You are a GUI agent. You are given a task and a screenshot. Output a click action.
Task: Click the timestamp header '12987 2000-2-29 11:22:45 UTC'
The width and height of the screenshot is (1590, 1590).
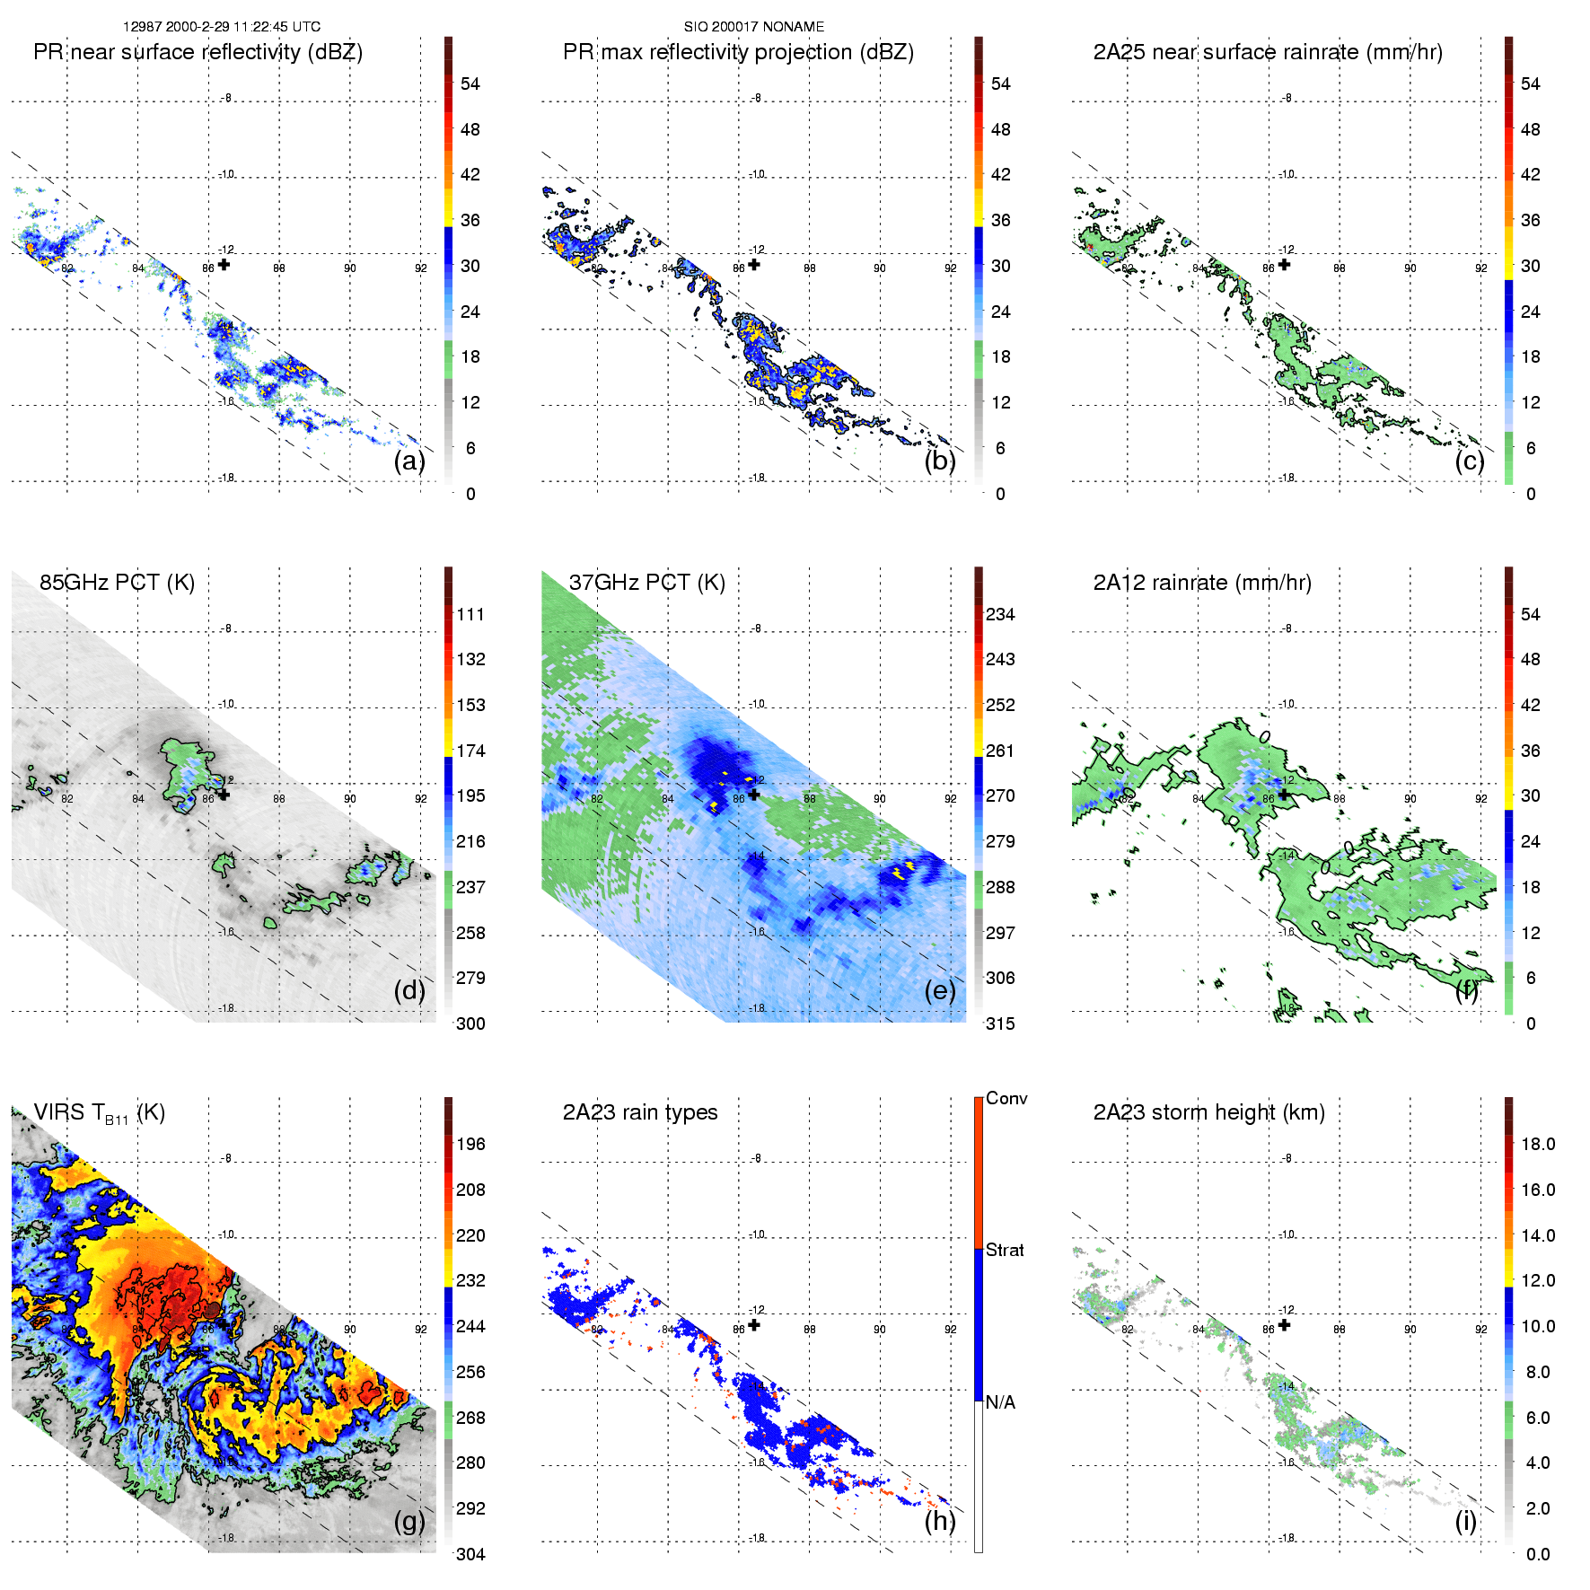click(222, 27)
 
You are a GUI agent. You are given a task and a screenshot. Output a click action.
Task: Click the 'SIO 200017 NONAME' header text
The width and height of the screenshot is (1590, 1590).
click(754, 27)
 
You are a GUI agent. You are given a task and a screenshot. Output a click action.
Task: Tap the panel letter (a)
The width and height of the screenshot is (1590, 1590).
click(409, 461)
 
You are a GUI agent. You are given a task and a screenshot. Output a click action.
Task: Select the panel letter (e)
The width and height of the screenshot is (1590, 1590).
click(940, 991)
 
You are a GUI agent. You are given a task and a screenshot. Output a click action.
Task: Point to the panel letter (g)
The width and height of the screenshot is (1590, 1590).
click(409, 1522)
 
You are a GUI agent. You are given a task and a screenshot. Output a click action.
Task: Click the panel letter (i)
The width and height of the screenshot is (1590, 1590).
click(1465, 1522)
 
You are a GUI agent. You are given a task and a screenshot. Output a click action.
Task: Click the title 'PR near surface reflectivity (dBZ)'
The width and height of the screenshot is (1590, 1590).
click(198, 52)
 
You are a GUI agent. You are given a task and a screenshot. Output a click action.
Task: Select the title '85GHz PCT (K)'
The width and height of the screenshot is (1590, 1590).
click(117, 583)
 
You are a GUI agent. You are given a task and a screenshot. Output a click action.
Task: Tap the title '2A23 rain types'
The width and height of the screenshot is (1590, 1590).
click(640, 1112)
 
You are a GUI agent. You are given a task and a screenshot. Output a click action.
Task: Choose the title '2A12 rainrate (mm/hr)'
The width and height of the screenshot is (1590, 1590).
click(1202, 583)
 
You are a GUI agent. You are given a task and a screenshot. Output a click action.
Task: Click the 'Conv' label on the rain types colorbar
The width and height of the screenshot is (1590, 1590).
click(1006, 1098)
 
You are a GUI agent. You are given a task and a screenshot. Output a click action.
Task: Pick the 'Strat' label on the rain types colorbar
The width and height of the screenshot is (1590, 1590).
click(1005, 1250)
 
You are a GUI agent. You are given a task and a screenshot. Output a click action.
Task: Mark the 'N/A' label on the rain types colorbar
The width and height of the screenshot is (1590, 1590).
click(1000, 1402)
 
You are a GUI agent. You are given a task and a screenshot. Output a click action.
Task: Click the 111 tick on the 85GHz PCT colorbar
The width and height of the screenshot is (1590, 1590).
click(470, 614)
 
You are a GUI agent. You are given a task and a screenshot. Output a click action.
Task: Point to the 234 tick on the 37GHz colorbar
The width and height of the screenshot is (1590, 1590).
click(1000, 614)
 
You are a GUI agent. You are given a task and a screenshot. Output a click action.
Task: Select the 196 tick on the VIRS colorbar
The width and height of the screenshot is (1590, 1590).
click(470, 1144)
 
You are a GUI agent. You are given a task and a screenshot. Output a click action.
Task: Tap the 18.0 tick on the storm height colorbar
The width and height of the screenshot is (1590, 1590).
click(1537, 1144)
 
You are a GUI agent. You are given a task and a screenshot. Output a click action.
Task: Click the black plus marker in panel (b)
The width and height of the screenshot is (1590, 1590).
click(754, 265)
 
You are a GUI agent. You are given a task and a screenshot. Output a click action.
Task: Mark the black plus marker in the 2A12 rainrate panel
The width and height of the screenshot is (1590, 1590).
click(1284, 795)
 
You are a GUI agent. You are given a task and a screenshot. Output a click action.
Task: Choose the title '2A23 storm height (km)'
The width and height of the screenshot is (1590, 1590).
click(1208, 1112)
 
